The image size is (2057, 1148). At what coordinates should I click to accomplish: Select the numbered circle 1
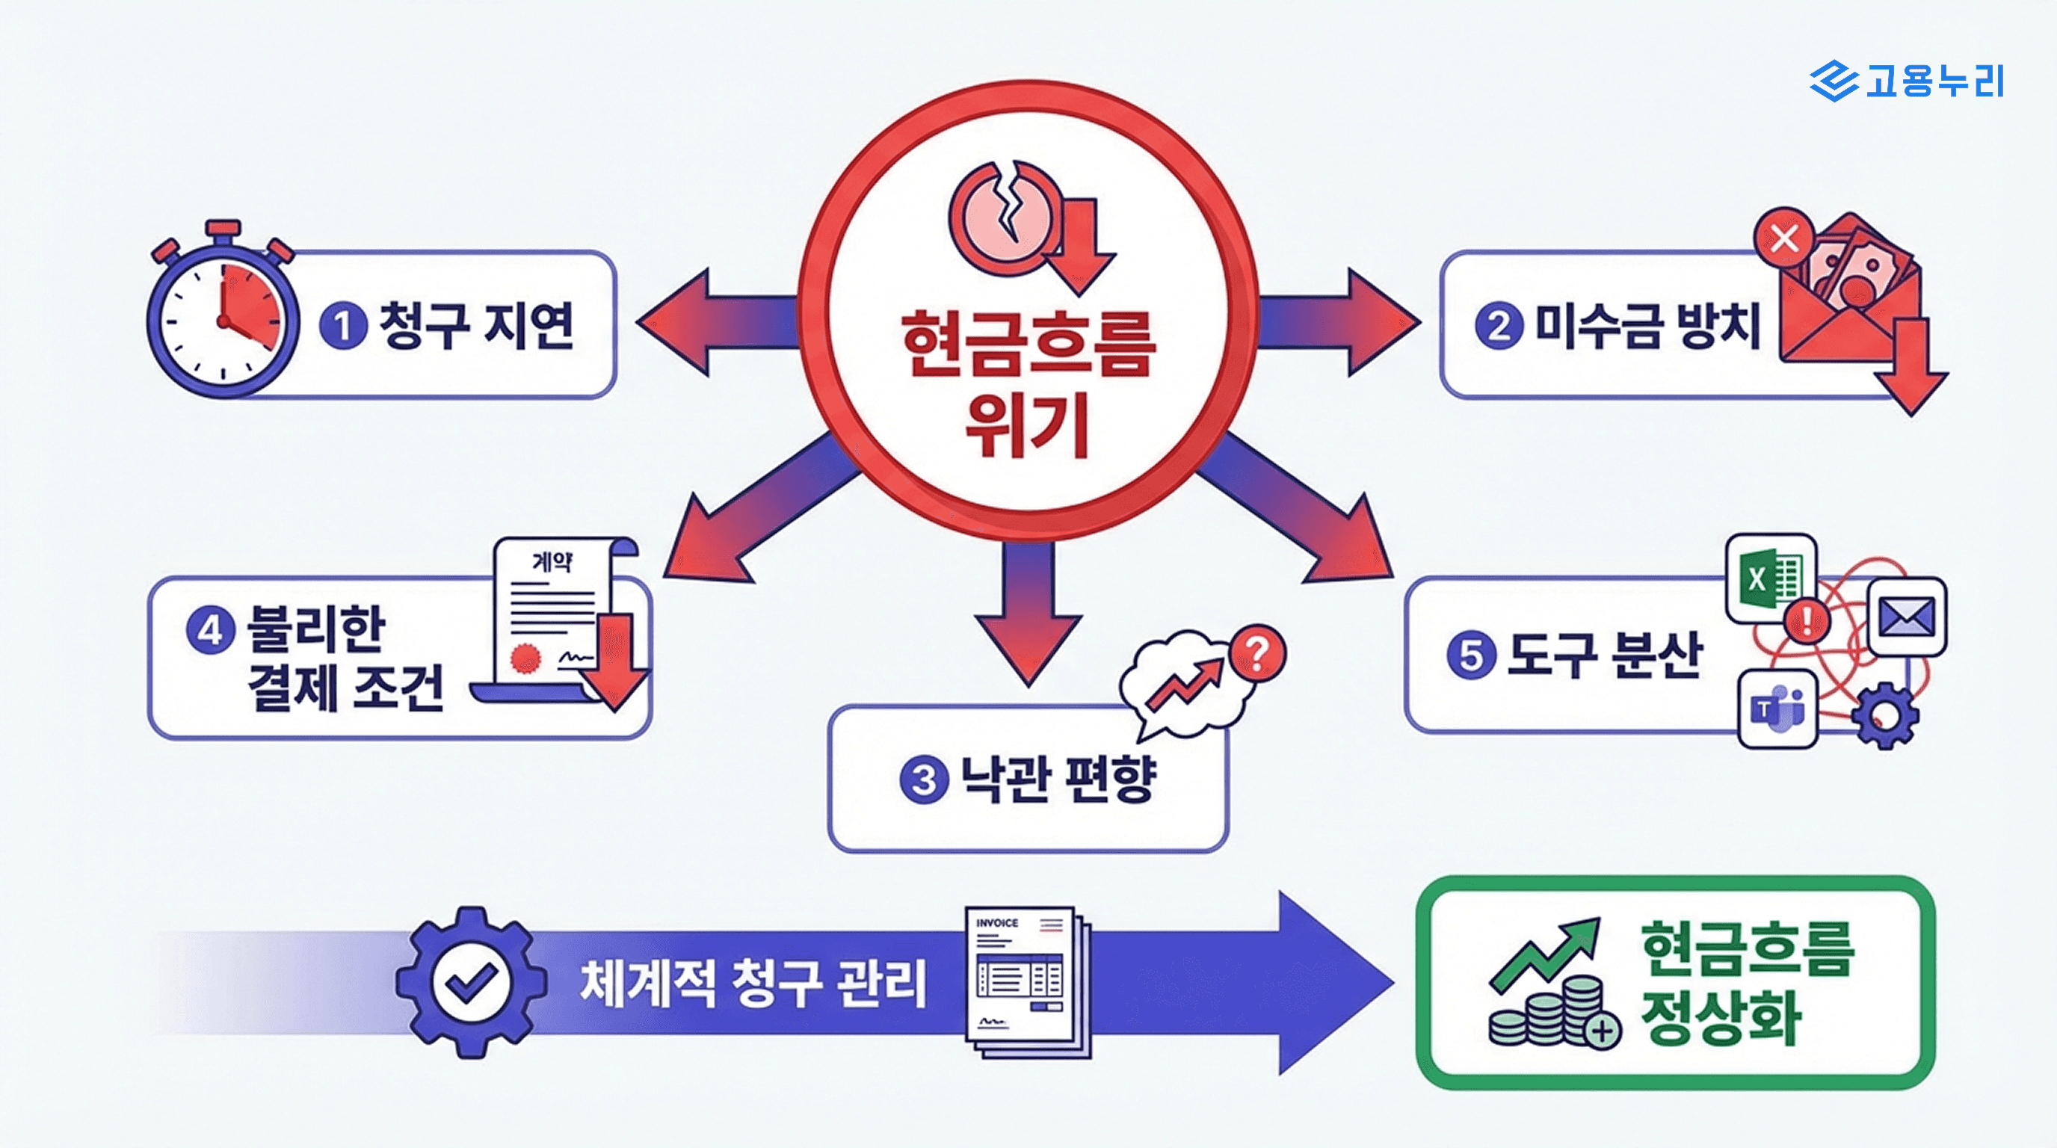point(343,326)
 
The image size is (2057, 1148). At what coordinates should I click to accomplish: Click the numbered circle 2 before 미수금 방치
point(1499,326)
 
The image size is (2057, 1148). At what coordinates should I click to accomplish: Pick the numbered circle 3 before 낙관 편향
point(924,780)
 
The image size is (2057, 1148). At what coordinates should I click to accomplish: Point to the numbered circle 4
point(210,631)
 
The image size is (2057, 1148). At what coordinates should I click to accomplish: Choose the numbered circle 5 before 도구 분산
point(1471,656)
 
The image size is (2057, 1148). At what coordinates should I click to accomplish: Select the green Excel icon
point(1770,578)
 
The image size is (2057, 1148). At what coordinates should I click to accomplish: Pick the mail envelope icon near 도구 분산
point(1906,617)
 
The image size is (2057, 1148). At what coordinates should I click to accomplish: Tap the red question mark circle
point(1257,653)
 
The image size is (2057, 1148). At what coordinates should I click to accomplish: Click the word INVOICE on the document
point(996,923)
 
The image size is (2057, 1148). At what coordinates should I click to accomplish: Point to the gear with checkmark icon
point(471,982)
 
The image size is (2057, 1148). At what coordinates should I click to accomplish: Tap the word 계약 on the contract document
point(552,562)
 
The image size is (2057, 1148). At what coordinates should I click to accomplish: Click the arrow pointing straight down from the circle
point(1028,614)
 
